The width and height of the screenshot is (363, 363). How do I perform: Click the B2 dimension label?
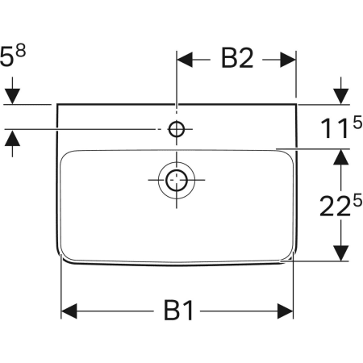click(x=236, y=58)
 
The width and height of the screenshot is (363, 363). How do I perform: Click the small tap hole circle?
click(x=177, y=128)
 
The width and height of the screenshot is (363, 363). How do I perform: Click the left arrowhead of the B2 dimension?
click(x=185, y=59)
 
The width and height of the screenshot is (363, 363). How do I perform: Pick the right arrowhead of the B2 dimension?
click(x=290, y=59)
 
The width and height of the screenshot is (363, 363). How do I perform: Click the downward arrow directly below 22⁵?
click(x=342, y=252)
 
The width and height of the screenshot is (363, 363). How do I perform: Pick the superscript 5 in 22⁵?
click(x=355, y=196)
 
